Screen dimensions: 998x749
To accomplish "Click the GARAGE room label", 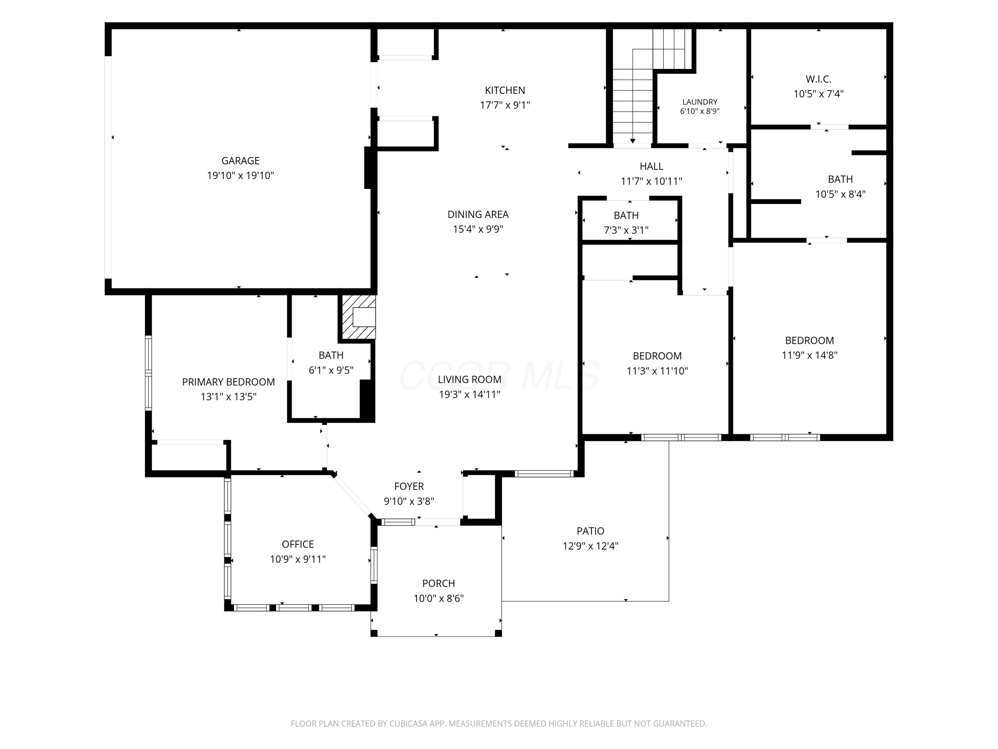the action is (x=241, y=161).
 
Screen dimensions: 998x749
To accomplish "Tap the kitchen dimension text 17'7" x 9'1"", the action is (x=505, y=105).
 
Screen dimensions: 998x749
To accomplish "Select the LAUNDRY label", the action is (x=700, y=102).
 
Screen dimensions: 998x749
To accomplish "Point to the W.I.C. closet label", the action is (x=818, y=79).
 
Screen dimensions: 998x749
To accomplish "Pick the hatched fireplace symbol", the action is (x=359, y=317).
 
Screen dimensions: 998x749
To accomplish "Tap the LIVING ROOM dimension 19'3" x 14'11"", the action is (x=470, y=394).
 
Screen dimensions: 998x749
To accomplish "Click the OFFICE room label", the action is (x=298, y=545).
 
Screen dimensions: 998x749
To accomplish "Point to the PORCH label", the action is (x=438, y=583).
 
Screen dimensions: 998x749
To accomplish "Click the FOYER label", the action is (x=409, y=486).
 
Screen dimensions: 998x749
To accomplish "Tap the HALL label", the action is (x=651, y=166).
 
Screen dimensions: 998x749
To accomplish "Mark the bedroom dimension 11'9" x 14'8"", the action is (x=809, y=355).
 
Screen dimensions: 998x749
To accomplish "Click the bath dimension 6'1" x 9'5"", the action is (x=331, y=370).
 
